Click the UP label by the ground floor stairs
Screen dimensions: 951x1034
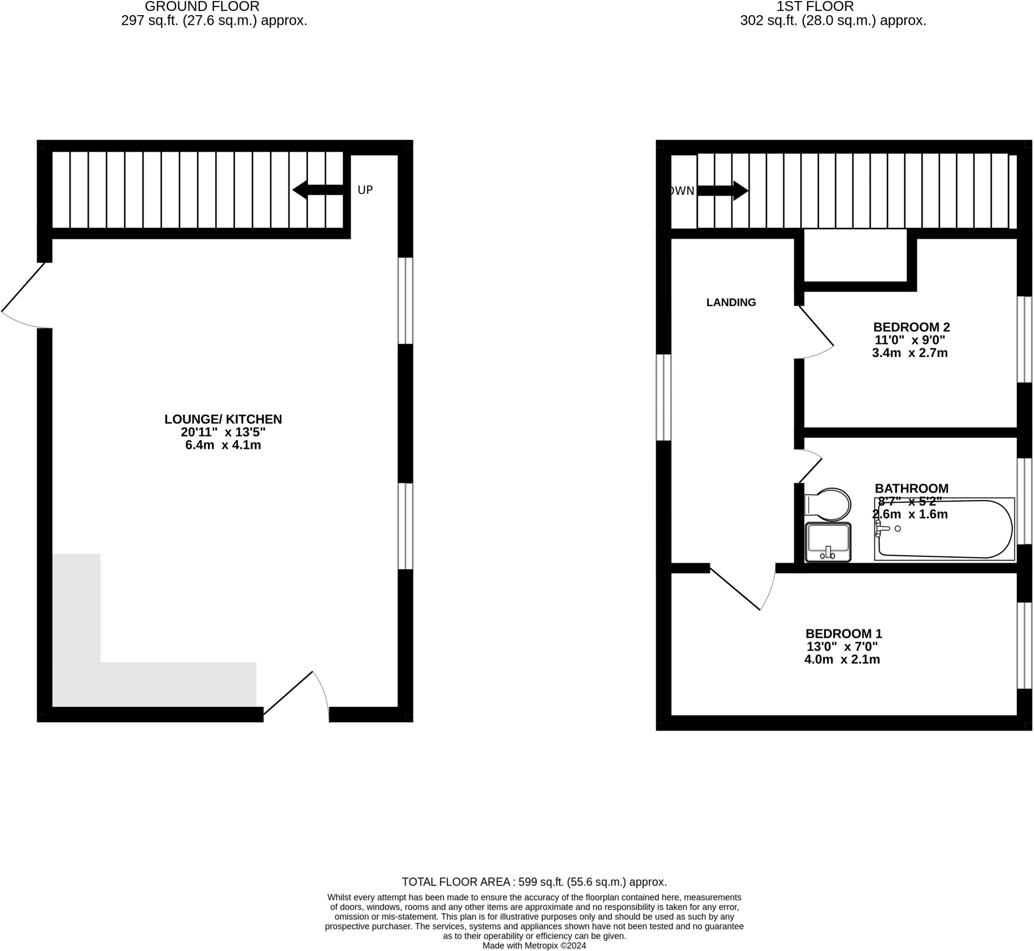(x=365, y=190)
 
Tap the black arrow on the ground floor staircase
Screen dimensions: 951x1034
(x=318, y=190)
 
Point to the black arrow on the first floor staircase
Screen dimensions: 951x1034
(x=722, y=191)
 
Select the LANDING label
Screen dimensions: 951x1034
(x=731, y=302)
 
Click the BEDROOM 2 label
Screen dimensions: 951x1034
(x=911, y=327)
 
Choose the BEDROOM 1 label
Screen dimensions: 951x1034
(x=844, y=633)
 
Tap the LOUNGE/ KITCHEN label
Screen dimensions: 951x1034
(x=223, y=419)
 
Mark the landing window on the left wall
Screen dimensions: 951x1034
(x=663, y=397)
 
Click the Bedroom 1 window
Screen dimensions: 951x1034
(x=1024, y=645)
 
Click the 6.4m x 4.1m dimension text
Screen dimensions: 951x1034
(x=223, y=445)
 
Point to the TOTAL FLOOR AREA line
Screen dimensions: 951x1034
(x=534, y=882)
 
